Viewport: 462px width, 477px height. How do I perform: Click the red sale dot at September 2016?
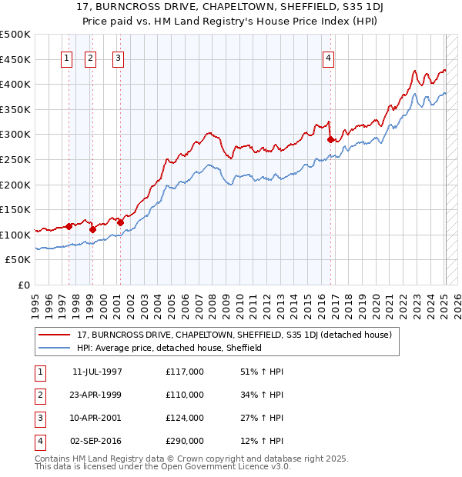[x=330, y=139]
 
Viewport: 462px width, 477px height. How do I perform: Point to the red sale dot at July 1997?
[x=69, y=226]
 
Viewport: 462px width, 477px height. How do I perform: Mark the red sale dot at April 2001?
[x=120, y=222]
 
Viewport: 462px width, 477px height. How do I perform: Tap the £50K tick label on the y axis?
[x=18, y=260]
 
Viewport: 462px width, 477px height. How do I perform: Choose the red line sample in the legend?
[x=55, y=335]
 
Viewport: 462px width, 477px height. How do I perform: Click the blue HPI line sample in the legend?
[x=55, y=348]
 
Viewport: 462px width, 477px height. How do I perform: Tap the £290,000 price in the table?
[x=185, y=441]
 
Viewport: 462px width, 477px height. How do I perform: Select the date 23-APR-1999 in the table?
[x=97, y=395]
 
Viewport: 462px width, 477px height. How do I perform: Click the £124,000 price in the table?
[x=185, y=418]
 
